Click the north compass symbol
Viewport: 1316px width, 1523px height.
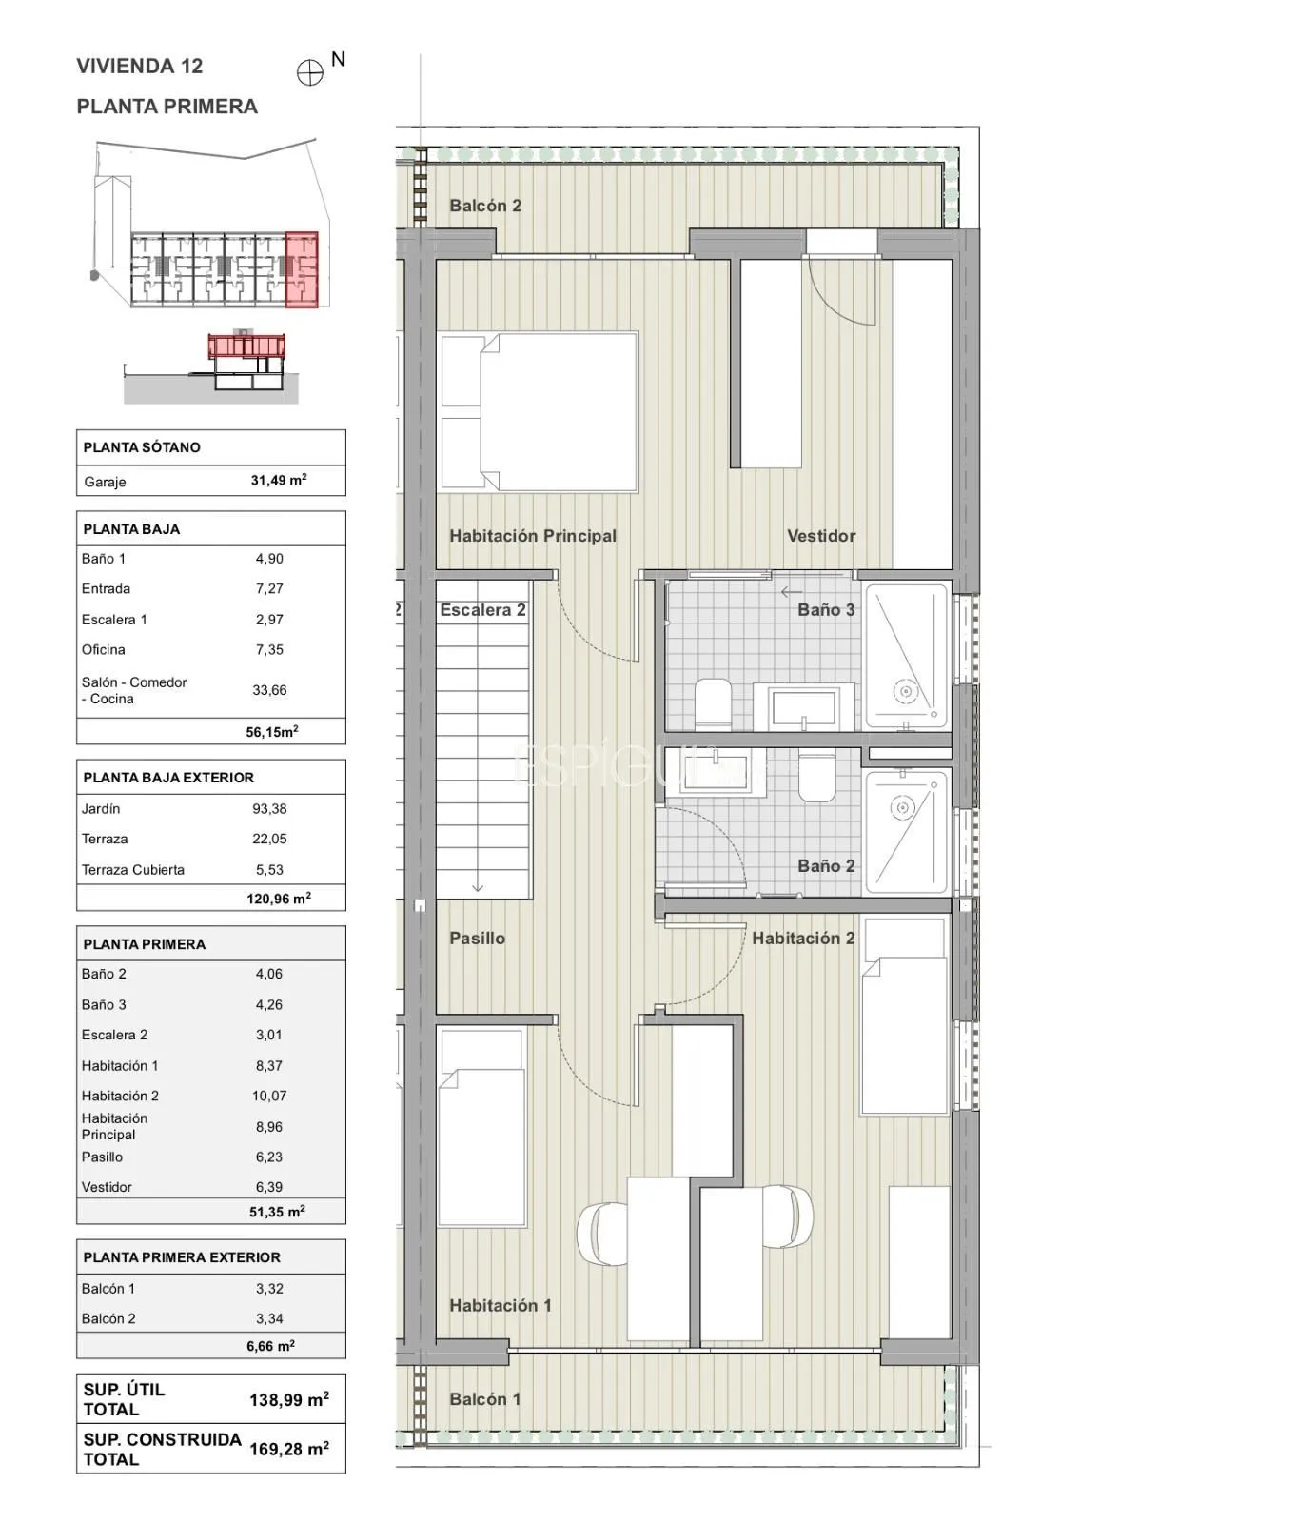click(x=310, y=73)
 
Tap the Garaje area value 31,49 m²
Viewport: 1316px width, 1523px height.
click(x=279, y=481)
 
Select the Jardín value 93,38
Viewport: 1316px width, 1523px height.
click(x=269, y=809)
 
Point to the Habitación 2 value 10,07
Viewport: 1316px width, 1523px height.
click(x=269, y=1096)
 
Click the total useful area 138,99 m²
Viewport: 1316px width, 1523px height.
click(x=289, y=1399)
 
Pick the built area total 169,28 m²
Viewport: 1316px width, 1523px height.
click(x=289, y=1449)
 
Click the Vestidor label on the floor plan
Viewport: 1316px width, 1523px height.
click(x=821, y=536)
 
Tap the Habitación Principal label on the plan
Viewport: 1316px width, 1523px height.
click(x=533, y=536)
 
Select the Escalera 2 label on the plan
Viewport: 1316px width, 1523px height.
click(x=482, y=610)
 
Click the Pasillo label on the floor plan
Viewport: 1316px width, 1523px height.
click(x=478, y=938)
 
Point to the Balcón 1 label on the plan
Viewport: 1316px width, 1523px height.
click(x=485, y=1399)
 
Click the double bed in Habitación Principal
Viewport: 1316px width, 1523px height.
click(x=538, y=412)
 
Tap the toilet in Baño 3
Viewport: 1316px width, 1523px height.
click(x=713, y=703)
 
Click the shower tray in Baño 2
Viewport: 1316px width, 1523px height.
click(x=907, y=832)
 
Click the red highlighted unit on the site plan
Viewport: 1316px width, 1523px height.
click(x=302, y=270)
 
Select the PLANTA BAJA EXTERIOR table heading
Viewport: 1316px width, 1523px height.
click(x=168, y=778)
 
